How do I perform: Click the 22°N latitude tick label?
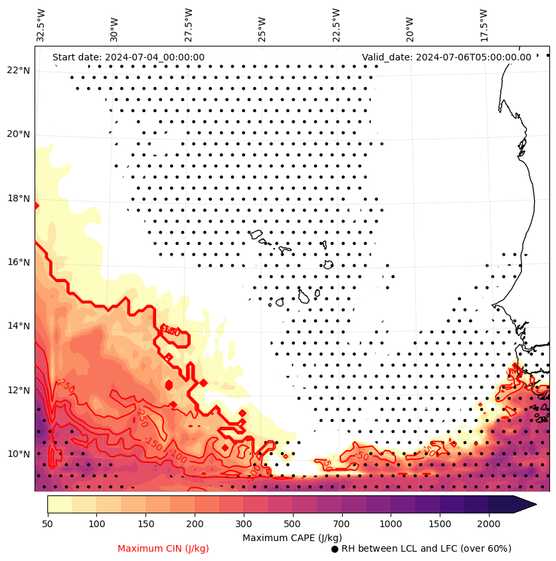click(19, 70)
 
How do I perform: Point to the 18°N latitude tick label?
click(19, 199)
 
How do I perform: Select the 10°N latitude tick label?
click(19, 454)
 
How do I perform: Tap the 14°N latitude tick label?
click(19, 326)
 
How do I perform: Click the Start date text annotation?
click(128, 58)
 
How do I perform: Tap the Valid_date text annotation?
click(446, 58)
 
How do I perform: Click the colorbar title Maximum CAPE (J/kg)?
click(292, 537)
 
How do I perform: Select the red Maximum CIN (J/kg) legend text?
click(163, 549)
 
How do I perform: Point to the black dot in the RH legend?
click(335, 549)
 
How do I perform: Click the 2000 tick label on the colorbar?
click(489, 524)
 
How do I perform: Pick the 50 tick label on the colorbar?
click(47, 524)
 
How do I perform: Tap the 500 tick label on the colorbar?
click(292, 524)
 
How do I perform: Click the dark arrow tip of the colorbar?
click(528, 504)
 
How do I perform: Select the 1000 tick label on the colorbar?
click(391, 524)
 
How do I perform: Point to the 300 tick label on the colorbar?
click(244, 524)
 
